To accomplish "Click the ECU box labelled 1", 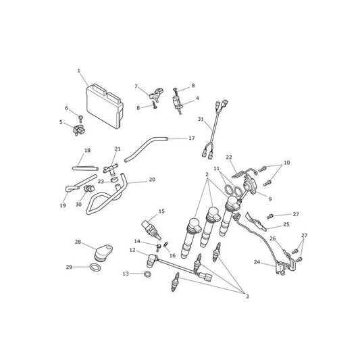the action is pyautogui.click(x=105, y=105).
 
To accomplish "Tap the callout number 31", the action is pyautogui.click(x=201, y=119).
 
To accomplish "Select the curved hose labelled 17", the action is pyautogui.click(x=146, y=149).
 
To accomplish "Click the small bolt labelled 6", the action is pyautogui.click(x=80, y=119).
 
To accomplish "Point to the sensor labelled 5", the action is pyautogui.click(x=79, y=130).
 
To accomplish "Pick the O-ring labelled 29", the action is pyautogui.click(x=95, y=267).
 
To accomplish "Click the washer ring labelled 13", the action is pyautogui.click(x=147, y=274).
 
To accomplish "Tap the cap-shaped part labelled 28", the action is pyautogui.click(x=103, y=253).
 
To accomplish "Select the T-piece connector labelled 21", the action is pyautogui.click(x=111, y=170).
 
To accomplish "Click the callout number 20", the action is pyautogui.click(x=152, y=180).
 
